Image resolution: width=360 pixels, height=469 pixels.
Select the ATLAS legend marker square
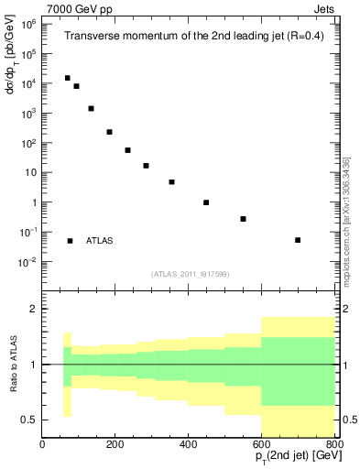pos(70,241)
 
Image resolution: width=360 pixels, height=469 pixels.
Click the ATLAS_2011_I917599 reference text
pos(190,274)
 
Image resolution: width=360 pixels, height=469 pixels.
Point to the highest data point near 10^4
pos(67,78)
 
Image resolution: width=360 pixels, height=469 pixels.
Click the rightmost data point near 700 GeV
pos(298,240)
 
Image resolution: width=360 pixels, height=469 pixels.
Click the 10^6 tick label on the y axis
pos(27,24)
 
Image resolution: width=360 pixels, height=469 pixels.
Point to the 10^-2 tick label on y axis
pos(27,262)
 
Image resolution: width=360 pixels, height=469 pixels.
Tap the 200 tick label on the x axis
pos(115,445)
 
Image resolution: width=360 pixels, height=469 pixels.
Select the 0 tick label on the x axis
pos(42,445)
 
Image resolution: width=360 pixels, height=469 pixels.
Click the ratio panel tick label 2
pos(32,310)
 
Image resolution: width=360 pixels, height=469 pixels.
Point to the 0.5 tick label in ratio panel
pos(28,420)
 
